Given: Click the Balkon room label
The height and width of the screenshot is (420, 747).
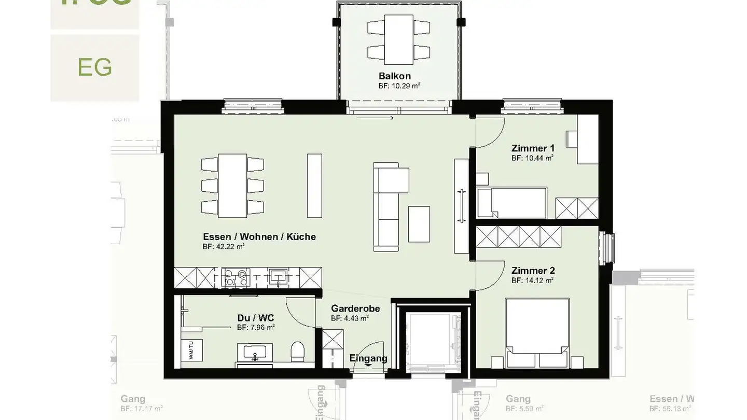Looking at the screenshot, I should (394, 76).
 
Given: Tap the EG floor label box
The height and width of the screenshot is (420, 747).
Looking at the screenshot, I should (95, 67).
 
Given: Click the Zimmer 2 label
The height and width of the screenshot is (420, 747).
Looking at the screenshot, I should (533, 271).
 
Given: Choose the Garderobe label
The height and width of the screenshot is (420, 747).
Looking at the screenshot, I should (355, 309).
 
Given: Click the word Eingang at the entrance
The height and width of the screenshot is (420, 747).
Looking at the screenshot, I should (368, 358).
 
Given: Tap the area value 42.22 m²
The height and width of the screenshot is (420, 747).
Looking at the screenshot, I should (224, 247).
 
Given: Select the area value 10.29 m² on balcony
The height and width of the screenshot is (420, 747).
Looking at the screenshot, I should (398, 86).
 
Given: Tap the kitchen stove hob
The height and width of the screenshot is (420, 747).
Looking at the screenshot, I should (236, 278).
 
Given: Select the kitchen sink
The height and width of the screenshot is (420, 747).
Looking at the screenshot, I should (279, 277).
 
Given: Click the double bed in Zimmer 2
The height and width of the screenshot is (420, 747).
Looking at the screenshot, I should (537, 332).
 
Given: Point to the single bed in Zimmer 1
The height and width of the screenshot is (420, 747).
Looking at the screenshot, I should (512, 203).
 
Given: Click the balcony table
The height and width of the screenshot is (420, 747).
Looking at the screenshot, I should (398, 36).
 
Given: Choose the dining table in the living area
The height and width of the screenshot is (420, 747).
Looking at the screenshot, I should (232, 185).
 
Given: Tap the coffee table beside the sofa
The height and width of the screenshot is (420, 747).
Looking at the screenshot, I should (419, 224).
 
